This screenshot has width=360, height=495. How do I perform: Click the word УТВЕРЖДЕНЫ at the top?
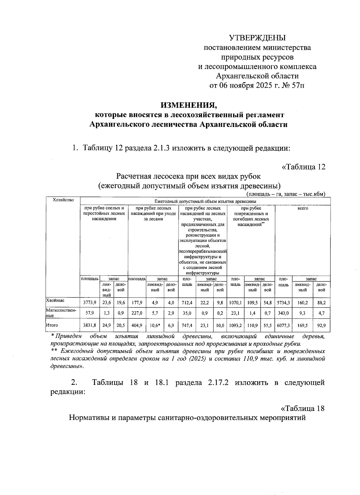click(x=257, y=38)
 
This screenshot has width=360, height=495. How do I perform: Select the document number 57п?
click(x=298, y=86)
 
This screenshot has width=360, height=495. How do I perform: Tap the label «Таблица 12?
click(x=303, y=167)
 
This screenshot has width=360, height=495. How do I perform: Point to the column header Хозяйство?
click(x=63, y=200)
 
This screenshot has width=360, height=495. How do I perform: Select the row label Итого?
click(x=52, y=325)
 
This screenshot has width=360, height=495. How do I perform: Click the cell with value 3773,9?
click(x=89, y=303)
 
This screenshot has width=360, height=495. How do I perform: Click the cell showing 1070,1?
click(x=235, y=303)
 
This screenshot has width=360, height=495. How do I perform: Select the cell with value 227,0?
click(x=137, y=313)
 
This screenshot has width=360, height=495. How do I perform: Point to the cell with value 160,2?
click(x=302, y=303)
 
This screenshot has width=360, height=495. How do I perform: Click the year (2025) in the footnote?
click(x=197, y=359)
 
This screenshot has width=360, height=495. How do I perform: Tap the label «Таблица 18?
click(x=302, y=409)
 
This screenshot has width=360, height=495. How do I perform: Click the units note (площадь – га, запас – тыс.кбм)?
click(x=286, y=194)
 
